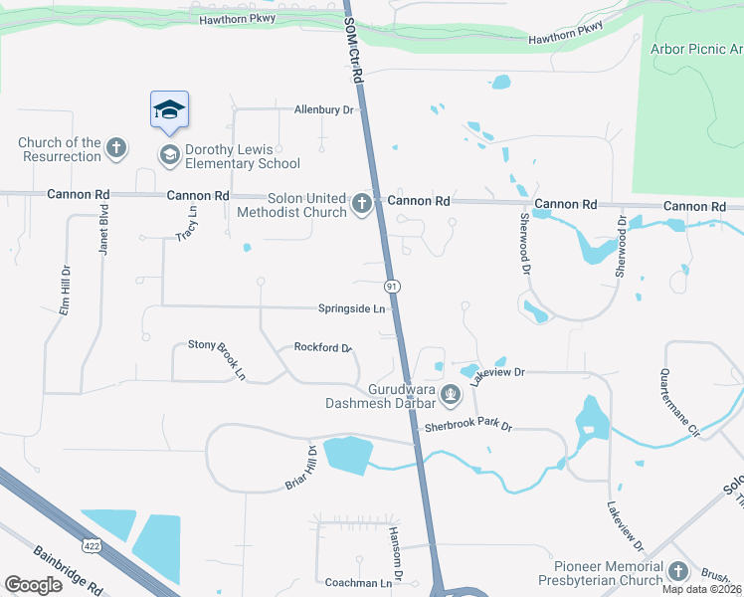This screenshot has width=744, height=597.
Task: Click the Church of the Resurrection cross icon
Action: pyautogui.click(x=116, y=149)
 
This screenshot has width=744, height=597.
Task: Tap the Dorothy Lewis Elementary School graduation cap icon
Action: pyautogui.click(x=169, y=155)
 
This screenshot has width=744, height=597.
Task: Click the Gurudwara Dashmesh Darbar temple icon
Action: pyautogui.click(x=452, y=396)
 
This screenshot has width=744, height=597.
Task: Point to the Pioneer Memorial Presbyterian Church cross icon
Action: pyautogui.click(x=678, y=571)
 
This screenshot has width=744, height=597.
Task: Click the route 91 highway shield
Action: pyautogui.click(x=393, y=286)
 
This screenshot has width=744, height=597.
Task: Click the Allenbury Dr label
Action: pyautogui.click(x=324, y=109)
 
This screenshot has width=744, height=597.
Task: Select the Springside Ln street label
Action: pyautogui.click(x=351, y=308)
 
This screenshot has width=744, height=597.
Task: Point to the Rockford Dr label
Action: pyautogui.click(x=323, y=348)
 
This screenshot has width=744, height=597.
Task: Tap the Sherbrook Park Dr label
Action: pyautogui.click(x=467, y=426)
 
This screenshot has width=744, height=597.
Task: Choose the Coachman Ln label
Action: pyautogui.click(x=358, y=582)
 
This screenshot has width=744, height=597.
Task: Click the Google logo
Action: pyautogui.click(x=33, y=585)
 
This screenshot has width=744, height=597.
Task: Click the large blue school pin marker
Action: pyautogui.click(x=169, y=110)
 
